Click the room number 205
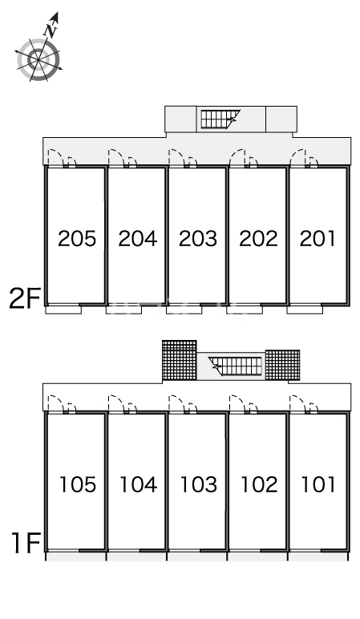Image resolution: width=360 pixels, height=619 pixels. point(77,238)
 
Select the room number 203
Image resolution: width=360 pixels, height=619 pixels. point(198,238)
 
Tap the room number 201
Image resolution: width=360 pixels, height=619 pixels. point(318,238)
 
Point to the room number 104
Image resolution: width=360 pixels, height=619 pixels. point(138,484)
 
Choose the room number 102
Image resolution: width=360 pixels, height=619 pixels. point(259,484)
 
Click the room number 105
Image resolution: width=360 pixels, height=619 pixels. point(78,484)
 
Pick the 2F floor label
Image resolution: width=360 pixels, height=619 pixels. point(25,298)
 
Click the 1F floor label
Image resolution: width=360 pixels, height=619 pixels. point(26,543)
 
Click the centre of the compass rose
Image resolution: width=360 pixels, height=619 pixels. point(38,60)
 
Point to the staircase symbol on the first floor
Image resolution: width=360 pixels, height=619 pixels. point(235,366)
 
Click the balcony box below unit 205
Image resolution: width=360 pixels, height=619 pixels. point(63,309)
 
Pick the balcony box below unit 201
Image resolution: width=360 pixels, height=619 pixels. point(305,309)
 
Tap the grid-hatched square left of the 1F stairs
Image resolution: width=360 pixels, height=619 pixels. point(180,360)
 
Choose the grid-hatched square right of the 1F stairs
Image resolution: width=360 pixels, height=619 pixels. point(283,365)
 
